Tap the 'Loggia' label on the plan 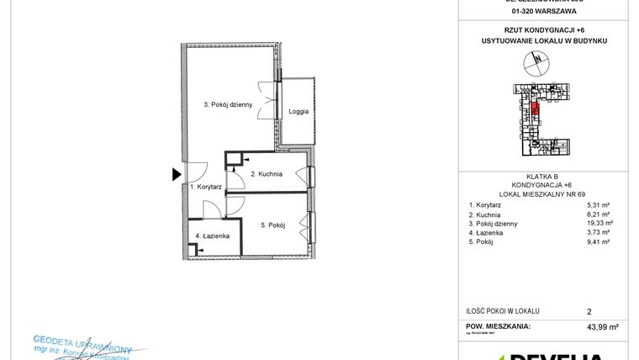pyautogui.click(x=298, y=112)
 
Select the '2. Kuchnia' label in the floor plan pyautogui.click(x=267, y=174)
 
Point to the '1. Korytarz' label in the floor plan pyautogui.click(x=205, y=187)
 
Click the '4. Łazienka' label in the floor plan pyautogui.click(x=210, y=236)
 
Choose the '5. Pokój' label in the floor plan pyautogui.click(x=274, y=225)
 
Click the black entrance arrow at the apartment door pyautogui.click(x=177, y=175)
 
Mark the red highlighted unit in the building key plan pyautogui.click(x=535, y=108)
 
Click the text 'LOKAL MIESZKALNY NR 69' pyautogui.click(x=535, y=194)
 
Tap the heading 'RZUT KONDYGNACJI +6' pyautogui.click(x=535, y=29)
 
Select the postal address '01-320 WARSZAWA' pyautogui.click(x=535, y=13)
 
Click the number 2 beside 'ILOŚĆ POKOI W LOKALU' pyautogui.click(x=589, y=310)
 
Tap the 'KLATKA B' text pyautogui.click(x=535, y=176)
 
